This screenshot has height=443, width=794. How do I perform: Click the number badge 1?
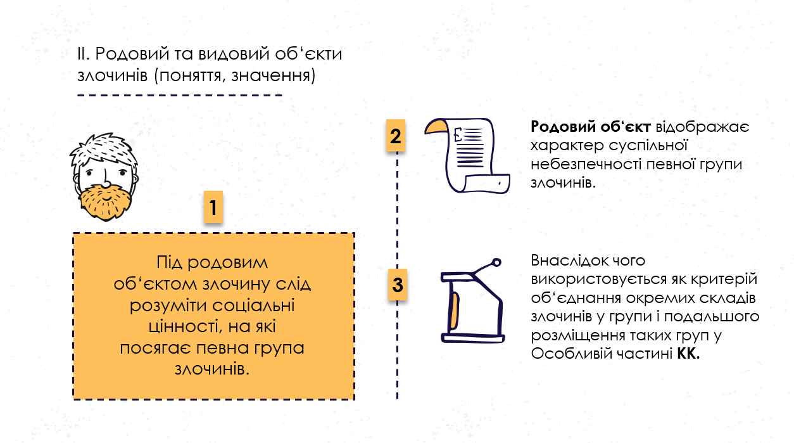213,207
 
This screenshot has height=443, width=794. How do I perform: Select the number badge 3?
397,284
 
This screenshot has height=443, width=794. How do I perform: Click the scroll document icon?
467,154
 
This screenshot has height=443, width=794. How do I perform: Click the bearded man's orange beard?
106,202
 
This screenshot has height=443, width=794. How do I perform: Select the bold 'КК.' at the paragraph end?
688,354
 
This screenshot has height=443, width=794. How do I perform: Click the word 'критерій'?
722,279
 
